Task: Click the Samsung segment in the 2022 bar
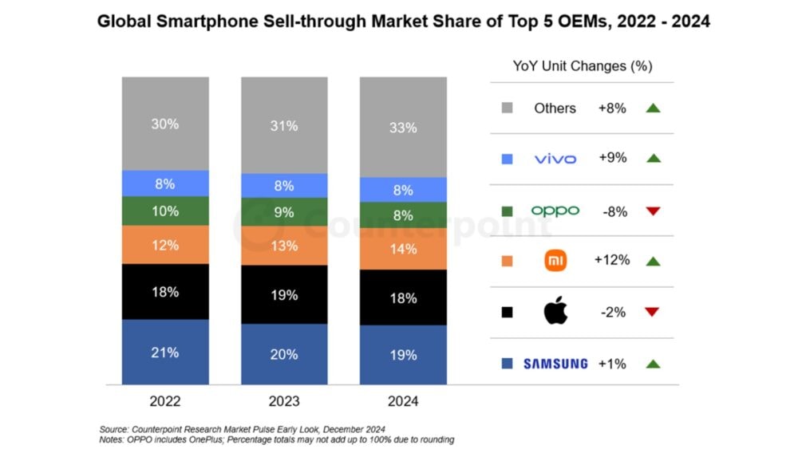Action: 165,352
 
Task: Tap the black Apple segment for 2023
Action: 284,294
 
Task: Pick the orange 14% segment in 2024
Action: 403,249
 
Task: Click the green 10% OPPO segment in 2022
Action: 165,211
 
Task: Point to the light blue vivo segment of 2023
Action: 284,186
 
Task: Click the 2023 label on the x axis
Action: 284,401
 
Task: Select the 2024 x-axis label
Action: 403,401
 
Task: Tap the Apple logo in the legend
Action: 555,312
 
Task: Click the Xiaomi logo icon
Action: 555,261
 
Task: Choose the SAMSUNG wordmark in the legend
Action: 555,364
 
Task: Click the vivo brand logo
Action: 555,159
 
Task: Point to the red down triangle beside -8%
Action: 652,211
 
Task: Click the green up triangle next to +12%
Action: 652,261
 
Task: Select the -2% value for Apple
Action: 612,312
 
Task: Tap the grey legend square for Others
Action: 507,108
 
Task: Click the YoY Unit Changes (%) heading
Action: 583,66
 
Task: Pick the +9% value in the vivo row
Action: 612,158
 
